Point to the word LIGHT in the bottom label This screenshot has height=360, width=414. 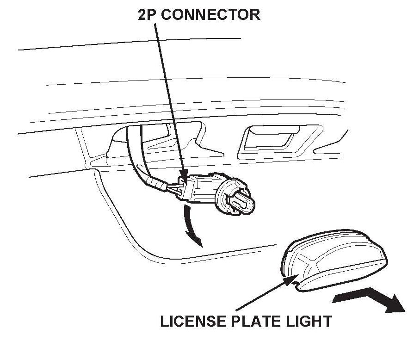coord(309,321)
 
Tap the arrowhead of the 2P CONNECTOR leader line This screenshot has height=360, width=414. coord(184,179)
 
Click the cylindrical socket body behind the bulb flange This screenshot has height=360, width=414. coord(204,187)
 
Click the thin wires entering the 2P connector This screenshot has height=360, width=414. coord(174,190)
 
